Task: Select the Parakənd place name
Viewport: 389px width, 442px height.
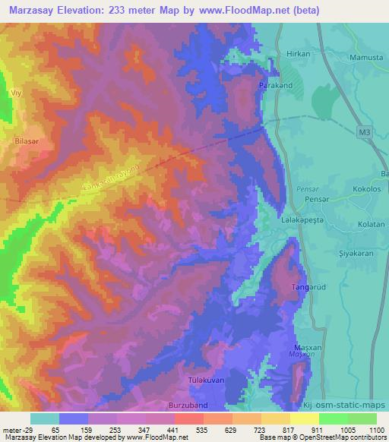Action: click(276, 86)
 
